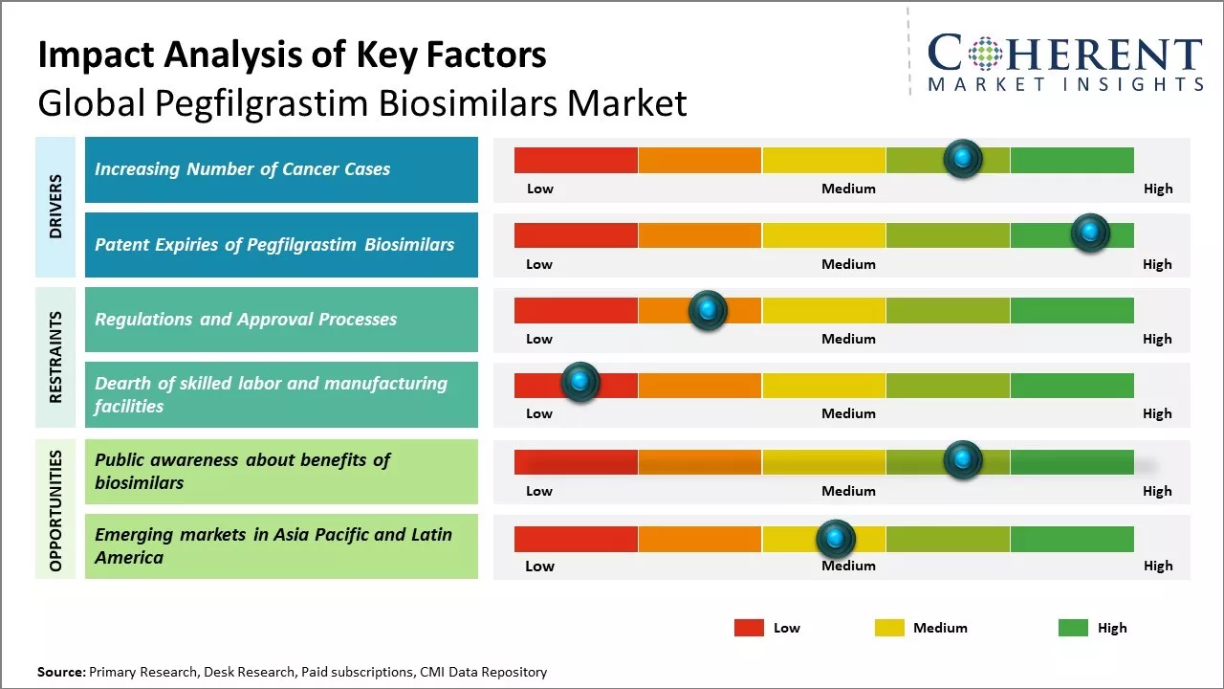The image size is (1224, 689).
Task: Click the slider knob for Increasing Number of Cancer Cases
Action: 962,158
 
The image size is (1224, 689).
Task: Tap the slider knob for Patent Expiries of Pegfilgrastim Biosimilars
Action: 1089,233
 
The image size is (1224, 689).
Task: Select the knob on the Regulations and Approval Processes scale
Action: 708,309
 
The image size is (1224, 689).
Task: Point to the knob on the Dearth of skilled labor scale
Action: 579,383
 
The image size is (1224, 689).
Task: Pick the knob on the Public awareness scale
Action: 962,460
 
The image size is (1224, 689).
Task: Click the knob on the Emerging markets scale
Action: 836,539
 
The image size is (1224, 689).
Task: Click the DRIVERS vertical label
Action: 55,207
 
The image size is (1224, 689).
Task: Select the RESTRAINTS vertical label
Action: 55,357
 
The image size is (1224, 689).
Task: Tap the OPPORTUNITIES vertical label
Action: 55,510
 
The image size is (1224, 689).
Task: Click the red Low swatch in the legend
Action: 749,628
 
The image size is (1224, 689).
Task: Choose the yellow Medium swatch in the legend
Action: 889,628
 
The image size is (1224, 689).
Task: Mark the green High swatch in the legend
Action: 1073,628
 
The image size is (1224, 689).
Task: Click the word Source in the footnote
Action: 60,672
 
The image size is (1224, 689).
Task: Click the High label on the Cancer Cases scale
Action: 1157,189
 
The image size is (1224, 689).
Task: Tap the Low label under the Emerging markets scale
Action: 539,566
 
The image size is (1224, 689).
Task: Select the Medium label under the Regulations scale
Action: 848,339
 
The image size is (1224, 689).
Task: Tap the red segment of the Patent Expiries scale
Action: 576,235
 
